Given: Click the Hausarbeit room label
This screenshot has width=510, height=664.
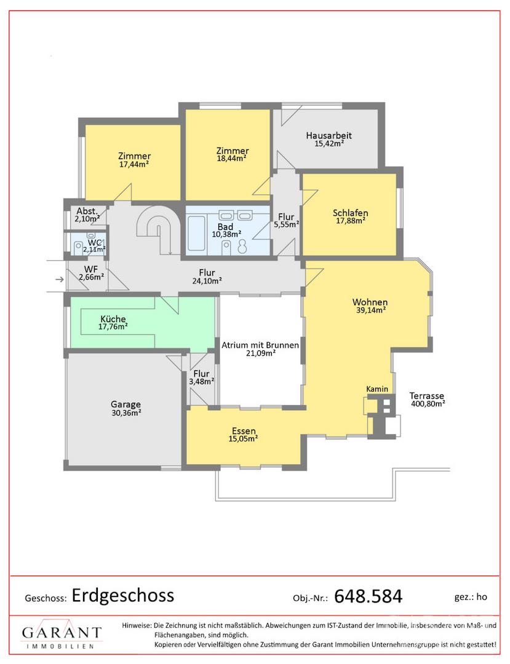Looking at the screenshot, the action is [329, 135].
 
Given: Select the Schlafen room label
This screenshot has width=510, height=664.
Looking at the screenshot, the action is [350, 213].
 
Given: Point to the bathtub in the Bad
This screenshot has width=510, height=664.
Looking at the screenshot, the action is [196, 233].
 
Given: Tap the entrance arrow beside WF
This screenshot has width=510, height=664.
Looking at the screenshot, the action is [60, 279].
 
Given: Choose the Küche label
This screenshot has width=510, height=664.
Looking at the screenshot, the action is [113, 319].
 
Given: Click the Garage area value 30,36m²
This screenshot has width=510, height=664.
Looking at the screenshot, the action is [126, 413].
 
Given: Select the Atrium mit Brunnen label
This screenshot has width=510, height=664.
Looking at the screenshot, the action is [260, 345].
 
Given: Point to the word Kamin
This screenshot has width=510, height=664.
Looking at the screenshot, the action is [377, 389].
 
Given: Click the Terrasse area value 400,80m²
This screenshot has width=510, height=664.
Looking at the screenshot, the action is [428, 403].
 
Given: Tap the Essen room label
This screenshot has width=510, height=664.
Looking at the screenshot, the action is [244, 430].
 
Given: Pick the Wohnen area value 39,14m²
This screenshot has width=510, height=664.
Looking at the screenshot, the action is [370, 310].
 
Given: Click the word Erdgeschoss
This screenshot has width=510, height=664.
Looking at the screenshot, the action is [123, 595].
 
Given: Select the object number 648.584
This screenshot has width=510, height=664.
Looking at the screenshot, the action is [368, 596].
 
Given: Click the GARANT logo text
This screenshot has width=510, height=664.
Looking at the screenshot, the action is [62, 633].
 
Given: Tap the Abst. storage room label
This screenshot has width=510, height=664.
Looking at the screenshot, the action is [87, 211].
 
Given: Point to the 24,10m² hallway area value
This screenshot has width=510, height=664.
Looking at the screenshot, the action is [207, 280].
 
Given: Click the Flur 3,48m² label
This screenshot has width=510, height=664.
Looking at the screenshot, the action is [202, 377].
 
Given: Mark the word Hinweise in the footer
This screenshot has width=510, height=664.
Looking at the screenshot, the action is [137, 625].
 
